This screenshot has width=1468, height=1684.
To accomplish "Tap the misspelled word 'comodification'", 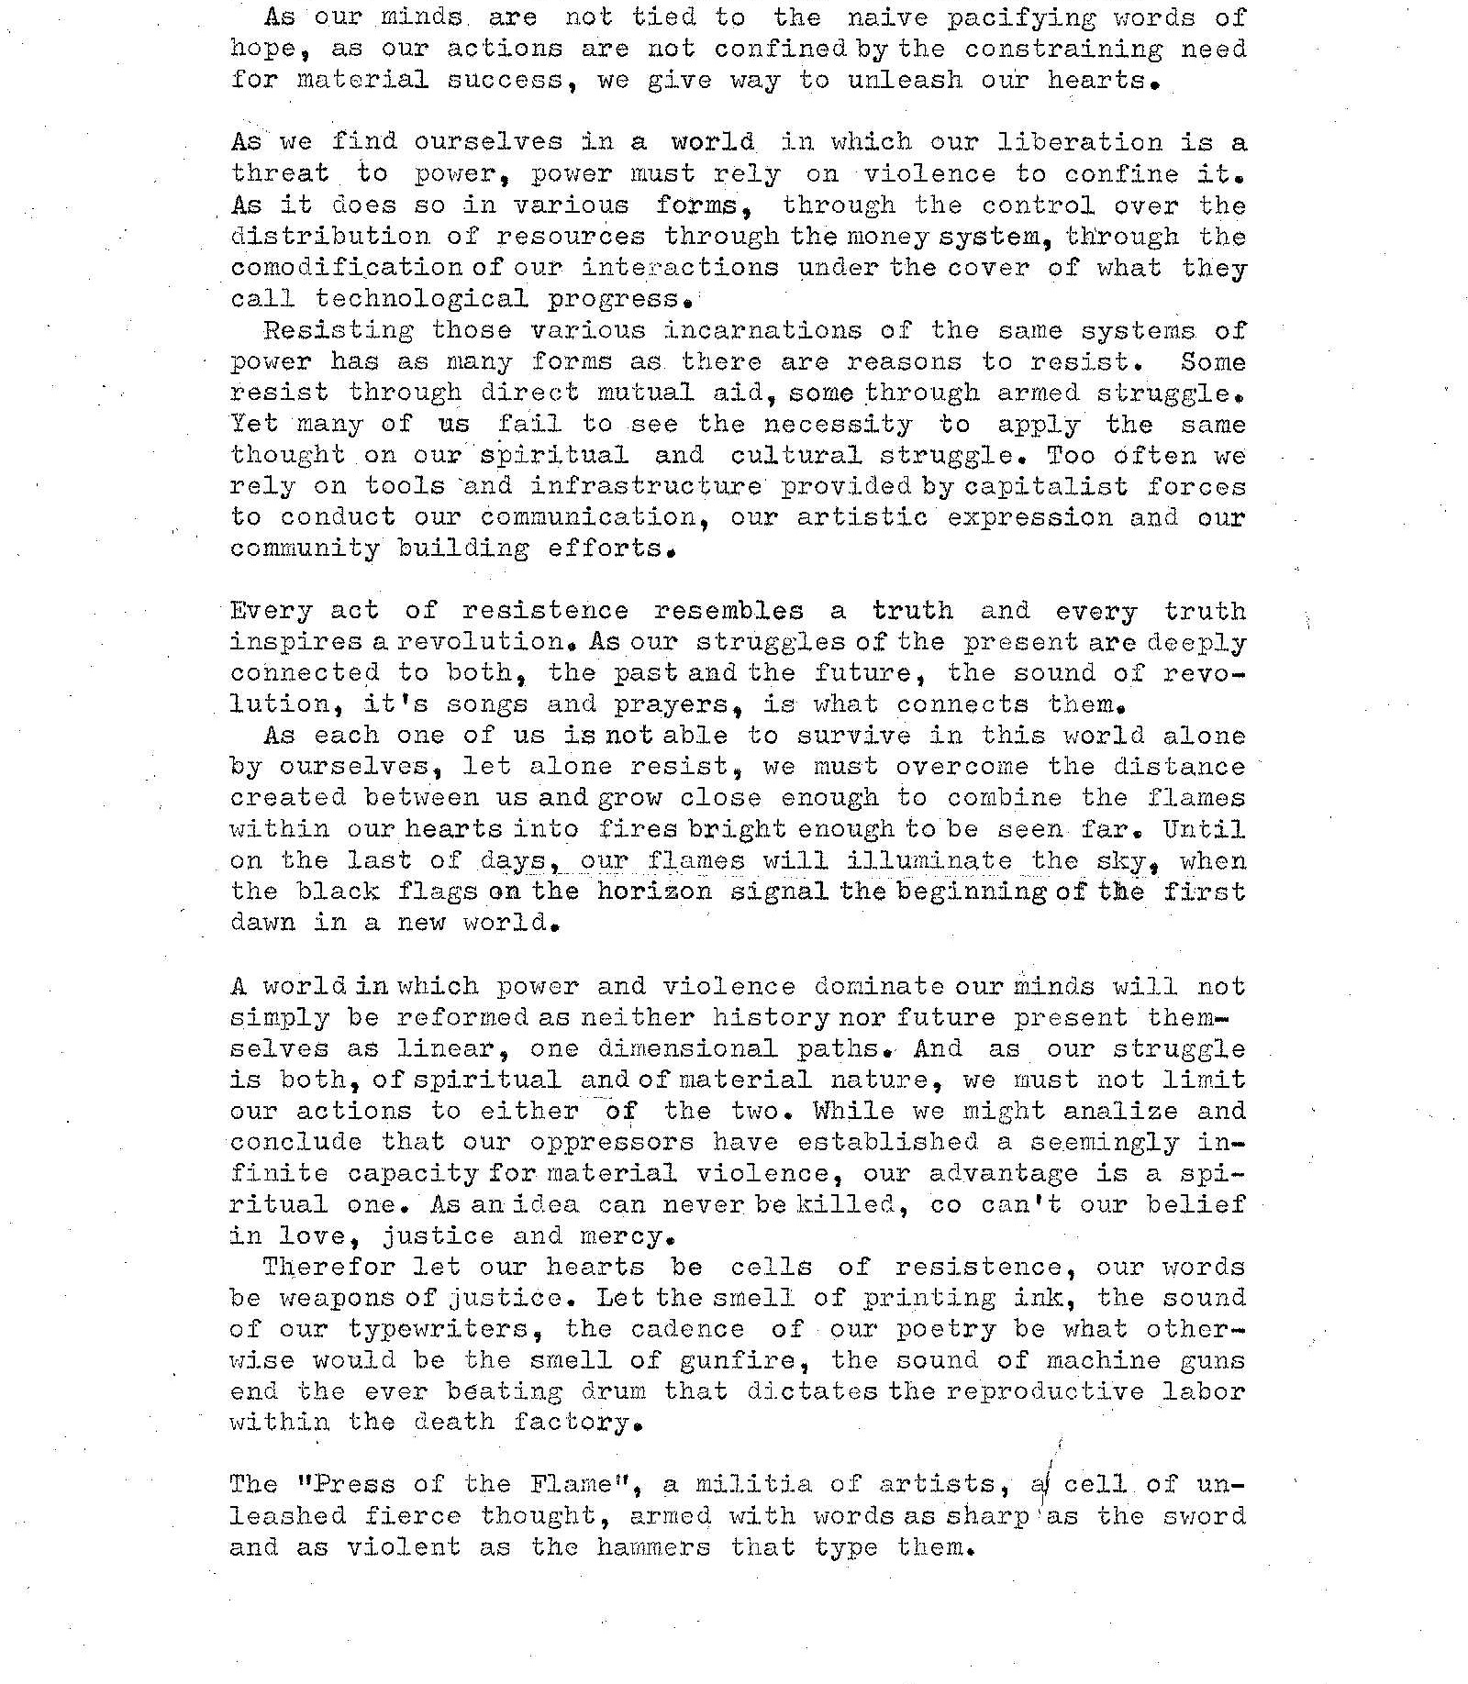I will pyautogui.click(x=348, y=268).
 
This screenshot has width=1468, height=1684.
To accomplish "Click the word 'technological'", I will pyautogui.click(x=421, y=299).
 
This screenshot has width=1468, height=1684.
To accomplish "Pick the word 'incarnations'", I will pyautogui.click(x=763, y=330).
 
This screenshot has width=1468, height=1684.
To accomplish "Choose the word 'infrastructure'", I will pyautogui.click(x=645, y=486).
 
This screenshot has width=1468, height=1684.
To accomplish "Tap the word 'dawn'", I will pyautogui.click(x=262, y=923).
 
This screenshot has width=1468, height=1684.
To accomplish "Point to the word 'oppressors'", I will pyautogui.click(x=612, y=1143).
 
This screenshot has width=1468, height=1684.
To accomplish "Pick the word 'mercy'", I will pyautogui.click(x=628, y=1236).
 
